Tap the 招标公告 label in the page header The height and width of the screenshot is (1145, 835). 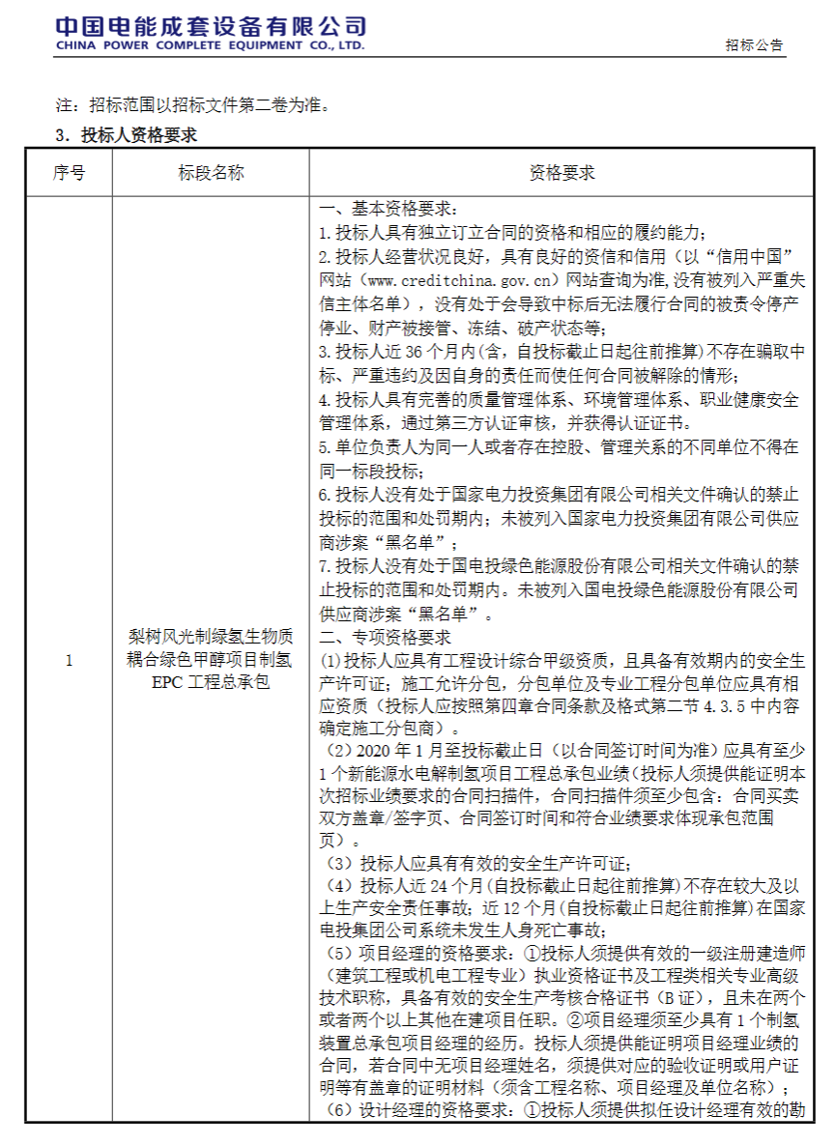(x=754, y=45)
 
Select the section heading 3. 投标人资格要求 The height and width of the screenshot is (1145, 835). (x=127, y=135)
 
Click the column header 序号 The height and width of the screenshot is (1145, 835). (x=69, y=173)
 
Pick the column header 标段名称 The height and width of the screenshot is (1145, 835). (x=211, y=173)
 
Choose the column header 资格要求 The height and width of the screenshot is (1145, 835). (x=561, y=173)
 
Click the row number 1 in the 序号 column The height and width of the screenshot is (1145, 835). (x=69, y=661)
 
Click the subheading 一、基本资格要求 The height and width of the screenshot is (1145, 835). (x=383, y=210)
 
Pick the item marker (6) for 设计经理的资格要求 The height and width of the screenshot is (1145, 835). (x=337, y=1111)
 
